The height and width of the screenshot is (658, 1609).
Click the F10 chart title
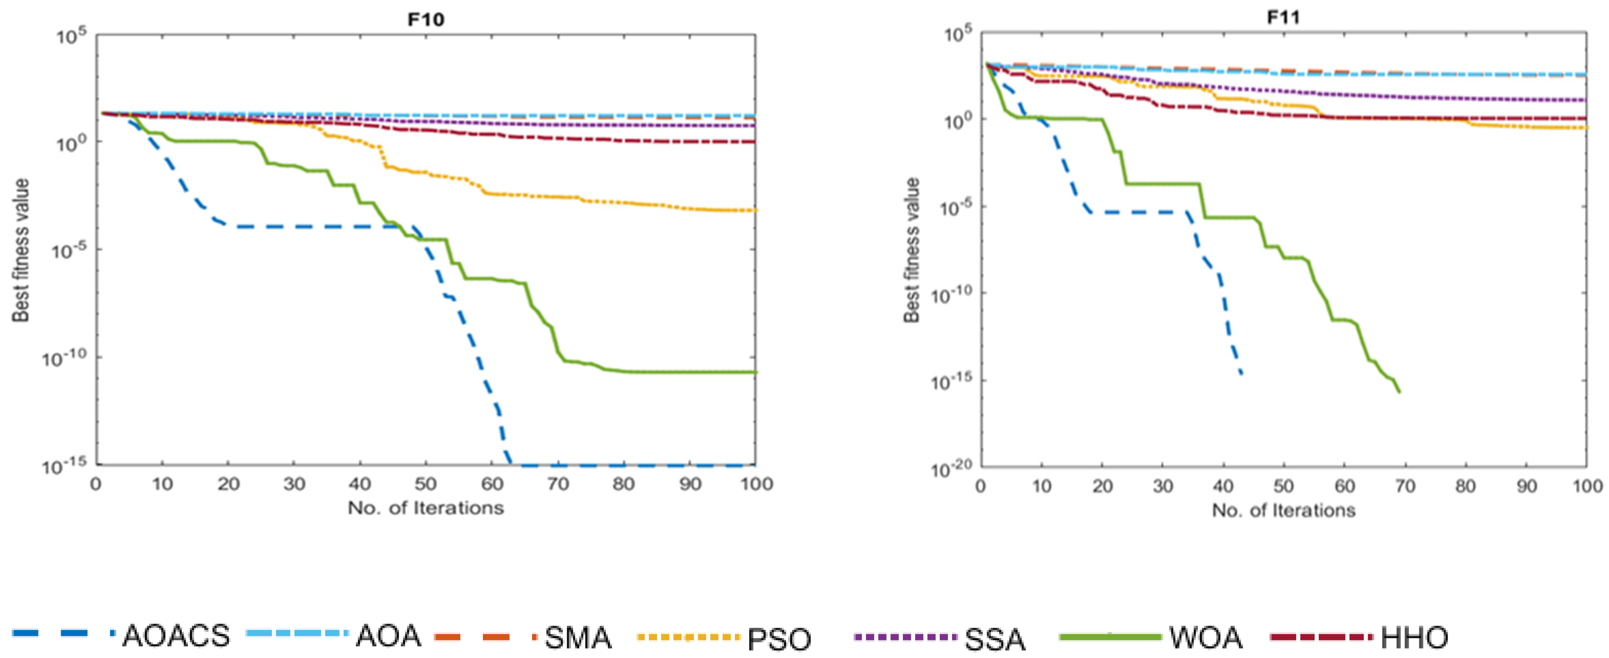pyautogui.click(x=426, y=19)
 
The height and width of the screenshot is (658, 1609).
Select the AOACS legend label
pyautogui.click(x=176, y=636)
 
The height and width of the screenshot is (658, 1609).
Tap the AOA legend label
pyautogui.click(x=388, y=636)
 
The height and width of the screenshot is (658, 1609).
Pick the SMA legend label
pyautogui.click(x=578, y=638)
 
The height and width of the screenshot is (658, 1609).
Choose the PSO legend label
pyautogui.click(x=779, y=639)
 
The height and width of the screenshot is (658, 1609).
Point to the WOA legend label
pyautogui.click(x=1206, y=638)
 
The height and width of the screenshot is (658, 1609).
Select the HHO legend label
pyautogui.click(x=1414, y=638)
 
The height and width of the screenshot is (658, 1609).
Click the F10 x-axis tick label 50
pyautogui.click(x=426, y=484)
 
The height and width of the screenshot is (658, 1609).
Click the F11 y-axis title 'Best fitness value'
pyautogui.click(x=912, y=250)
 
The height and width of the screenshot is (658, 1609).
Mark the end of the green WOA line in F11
pyautogui.click(x=1399, y=392)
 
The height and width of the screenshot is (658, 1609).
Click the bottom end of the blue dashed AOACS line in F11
pyautogui.click(x=1241, y=374)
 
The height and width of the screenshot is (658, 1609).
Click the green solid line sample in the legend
pyautogui.click(x=1110, y=637)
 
